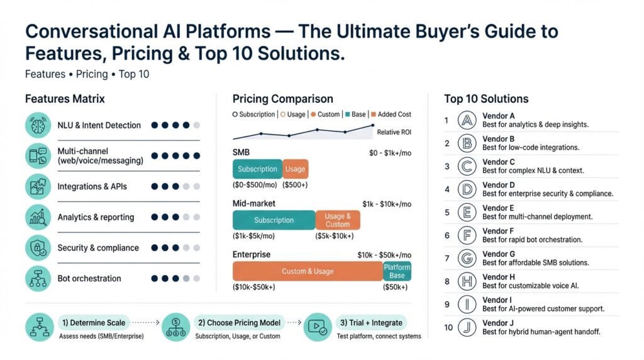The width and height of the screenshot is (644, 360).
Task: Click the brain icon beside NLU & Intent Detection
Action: [x=38, y=125]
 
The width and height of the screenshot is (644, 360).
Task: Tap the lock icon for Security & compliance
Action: [x=38, y=247]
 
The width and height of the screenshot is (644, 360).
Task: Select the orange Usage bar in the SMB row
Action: [x=295, y=169]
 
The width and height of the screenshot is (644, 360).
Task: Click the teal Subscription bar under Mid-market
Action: [x=274, y=220]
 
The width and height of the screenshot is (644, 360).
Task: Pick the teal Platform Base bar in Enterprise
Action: [x=397, y=271]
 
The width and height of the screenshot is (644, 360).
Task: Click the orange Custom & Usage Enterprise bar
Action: [x=308, y=271]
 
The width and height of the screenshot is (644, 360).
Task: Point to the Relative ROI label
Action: [x=394, y=132]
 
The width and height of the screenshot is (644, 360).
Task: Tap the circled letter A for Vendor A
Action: [x=467, y=120]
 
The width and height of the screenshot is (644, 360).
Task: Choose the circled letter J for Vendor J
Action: [x=467, y=327]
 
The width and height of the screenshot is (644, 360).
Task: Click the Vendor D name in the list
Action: [x=499, y=185]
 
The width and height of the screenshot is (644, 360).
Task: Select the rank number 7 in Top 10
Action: [x=447, y=258]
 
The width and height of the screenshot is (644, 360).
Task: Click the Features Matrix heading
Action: [x=65, y=99]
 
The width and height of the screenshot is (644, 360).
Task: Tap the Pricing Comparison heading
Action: [x=282, y=99]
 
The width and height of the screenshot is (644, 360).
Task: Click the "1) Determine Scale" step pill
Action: [x=92, y=323]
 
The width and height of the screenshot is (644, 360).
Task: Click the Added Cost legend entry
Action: [x=392, y=115]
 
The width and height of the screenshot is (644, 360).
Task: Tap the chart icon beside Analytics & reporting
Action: [x=38, y=217]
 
